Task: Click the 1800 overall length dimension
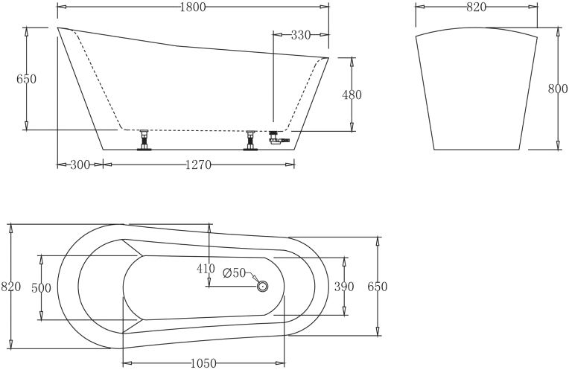coord(192,7)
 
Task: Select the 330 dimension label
coord(300,35)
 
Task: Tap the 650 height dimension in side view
coord(26,79)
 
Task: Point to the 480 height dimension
coord(352,95)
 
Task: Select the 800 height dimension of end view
coord(558,89)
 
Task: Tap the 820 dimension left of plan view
coord(10,286)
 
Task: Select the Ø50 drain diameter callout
coord(234,273)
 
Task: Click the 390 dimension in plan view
coord(344,287)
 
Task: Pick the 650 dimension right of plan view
coord(378,287)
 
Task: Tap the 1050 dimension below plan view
coord(203,363)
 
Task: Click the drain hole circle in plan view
coord(262,285)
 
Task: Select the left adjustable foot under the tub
coord(144,140)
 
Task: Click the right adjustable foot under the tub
coord(251,140)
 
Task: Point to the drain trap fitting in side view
coord(279,138)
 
